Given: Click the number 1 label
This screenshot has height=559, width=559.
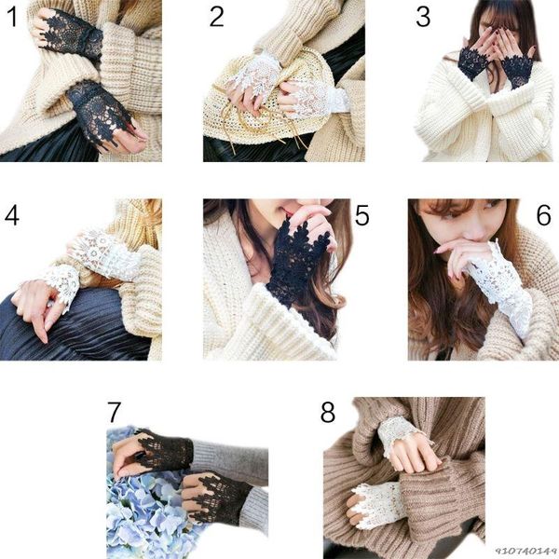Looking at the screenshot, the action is pyautogui.click(x=12, y=17).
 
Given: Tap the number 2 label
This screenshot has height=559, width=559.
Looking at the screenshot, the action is pyautogui.click(x=216, y=17).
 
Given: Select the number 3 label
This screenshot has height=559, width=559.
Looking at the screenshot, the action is pyautogui.click(x=423, y=17).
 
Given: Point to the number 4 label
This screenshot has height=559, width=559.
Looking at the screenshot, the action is pyautogui.click(x=12, y=215).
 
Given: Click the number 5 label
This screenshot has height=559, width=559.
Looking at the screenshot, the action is pyautogui.click(x=361, y=215).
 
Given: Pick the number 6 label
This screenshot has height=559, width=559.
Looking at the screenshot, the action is pyautogui.click(x=544, y=215).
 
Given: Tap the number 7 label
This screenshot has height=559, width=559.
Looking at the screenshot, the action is pyautogui.click(x=114, y=413).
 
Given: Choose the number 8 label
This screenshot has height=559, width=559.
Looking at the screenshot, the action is pyautogui.click(x=328, y=413).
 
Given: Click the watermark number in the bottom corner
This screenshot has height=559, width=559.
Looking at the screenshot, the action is pyautogui.click(x=526, y=552).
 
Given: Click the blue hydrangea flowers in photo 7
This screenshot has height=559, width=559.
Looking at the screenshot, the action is pyautogui.click(x=150, y=513).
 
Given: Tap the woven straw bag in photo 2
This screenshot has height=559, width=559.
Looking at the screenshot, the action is pyautogui.click(x=264, y=103).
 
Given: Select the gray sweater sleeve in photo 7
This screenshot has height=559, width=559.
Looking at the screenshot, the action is pyautogui.click(x=232, y=460).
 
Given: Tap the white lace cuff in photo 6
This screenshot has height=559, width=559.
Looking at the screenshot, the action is pyautogui.click(x=499, y=285).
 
